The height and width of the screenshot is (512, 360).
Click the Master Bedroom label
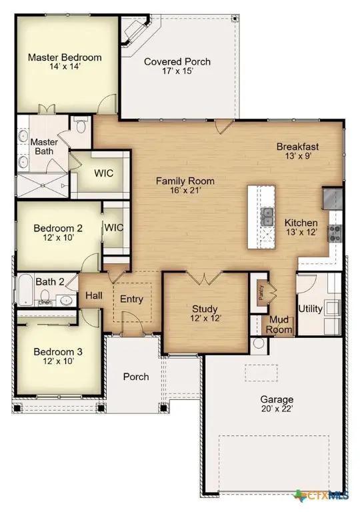(x=65, y=57)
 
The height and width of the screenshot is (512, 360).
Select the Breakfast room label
(x=298, y=147)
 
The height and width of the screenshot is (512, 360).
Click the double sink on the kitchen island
(x=267, y=215)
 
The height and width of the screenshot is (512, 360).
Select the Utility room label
(x=311, y=309)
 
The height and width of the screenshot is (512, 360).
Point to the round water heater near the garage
(x=259, y=344)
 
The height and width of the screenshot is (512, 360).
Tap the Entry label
(x=131, y=299)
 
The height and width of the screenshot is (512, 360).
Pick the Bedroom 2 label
(x=58, y=229)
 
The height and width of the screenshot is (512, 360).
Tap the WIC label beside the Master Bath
(x=103, y=173)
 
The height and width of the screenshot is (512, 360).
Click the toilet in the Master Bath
(x=79, y=124)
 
